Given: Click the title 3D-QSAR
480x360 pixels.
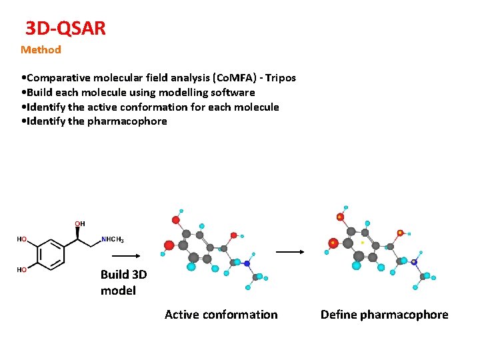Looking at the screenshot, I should coord(65,29).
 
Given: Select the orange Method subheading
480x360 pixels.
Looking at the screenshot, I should coord(41,49).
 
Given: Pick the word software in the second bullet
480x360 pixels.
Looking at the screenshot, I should coord(233,93).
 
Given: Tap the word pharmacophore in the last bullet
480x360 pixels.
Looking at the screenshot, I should coord(127,121).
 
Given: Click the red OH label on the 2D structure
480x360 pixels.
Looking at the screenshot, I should coord(79,224).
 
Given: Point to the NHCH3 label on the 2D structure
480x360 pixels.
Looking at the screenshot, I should coord(113,239).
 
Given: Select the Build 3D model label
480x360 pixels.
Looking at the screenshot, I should coord(123,283).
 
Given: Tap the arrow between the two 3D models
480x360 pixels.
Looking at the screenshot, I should coord(290,252).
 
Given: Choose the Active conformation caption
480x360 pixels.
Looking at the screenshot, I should coord(221,315).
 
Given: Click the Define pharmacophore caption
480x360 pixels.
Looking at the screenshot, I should coord(384,315).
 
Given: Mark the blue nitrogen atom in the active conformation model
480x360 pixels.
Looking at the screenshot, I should coord(247,263).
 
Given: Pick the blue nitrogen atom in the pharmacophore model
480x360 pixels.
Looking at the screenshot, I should coord(414,262).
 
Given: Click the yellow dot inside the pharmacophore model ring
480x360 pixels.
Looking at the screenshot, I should coord(362,243).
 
